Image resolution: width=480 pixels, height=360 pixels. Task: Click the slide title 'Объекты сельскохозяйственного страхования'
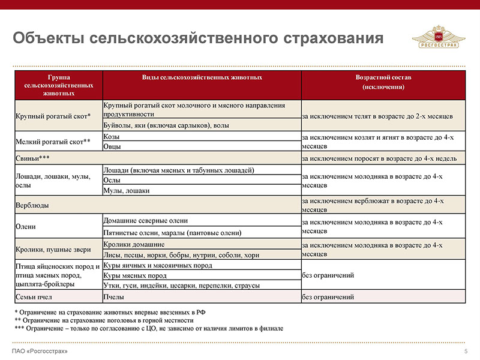(x=198, y=38)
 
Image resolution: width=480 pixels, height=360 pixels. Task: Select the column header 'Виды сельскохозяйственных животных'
(x=202, y=78)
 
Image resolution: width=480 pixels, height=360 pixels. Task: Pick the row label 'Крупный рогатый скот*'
(x=53, y=116)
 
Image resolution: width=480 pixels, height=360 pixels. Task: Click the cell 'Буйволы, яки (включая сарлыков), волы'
(x=167, y=125)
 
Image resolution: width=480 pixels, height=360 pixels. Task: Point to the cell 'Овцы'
(x=112, y=146)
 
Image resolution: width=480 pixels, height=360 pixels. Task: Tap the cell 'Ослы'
(x=112, y=180)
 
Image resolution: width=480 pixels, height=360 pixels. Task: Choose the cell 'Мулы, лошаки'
(x=127, y=191)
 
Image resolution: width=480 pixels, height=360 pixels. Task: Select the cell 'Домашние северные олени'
(x=146, y=221)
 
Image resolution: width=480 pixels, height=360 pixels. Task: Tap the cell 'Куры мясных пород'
(x=135, y=275)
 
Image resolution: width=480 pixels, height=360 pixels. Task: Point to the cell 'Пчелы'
(x=115, y=297)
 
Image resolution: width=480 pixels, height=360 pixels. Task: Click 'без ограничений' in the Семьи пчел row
(x=328, y=297)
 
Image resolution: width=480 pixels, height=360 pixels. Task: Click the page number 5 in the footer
(x=466, y=351)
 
